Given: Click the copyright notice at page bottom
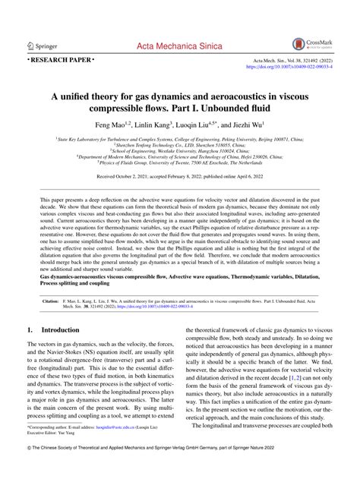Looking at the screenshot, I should point(180,471).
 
